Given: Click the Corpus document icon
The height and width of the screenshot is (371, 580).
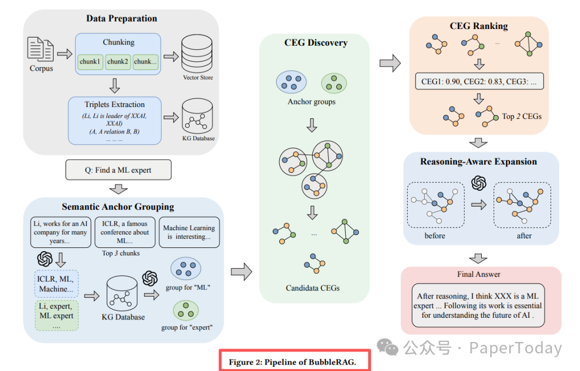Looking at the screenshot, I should tap(41, 51).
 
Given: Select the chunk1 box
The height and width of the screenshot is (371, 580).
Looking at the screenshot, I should tap(90, 62).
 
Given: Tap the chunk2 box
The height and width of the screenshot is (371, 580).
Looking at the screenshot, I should tap(117, 62).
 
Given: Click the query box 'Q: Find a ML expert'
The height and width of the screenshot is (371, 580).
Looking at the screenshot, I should tap(118, 170).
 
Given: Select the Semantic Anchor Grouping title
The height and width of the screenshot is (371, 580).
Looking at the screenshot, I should tap(118, 206).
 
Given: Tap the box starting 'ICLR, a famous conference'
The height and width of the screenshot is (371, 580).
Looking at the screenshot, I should tap(125, 232).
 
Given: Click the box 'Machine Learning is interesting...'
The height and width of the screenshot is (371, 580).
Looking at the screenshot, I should tap(190, 232).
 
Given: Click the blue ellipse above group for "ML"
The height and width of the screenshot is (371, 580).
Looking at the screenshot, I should tap(185, 269).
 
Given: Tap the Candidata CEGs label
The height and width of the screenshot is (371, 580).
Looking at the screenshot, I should tap(313, 288).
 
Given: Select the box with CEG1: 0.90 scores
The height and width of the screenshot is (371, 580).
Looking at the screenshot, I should tap(479, 82).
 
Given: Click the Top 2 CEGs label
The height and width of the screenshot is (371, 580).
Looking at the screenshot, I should tap(521, 116).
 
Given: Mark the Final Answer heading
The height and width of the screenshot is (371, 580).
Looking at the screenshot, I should tap(479, 274).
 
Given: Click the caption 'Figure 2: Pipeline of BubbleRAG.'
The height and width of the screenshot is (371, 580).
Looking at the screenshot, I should tap(294, 361).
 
